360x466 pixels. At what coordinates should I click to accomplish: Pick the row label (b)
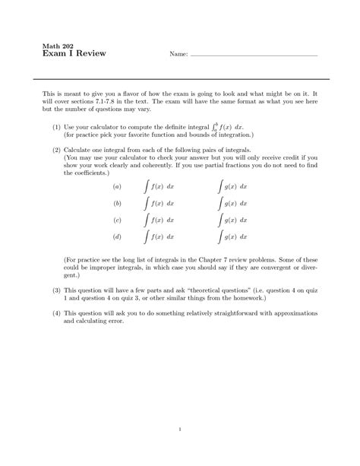117,204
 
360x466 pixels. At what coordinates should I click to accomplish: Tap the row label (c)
117,220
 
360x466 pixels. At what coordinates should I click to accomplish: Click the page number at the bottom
179,430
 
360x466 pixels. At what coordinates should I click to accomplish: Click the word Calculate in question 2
79,151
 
